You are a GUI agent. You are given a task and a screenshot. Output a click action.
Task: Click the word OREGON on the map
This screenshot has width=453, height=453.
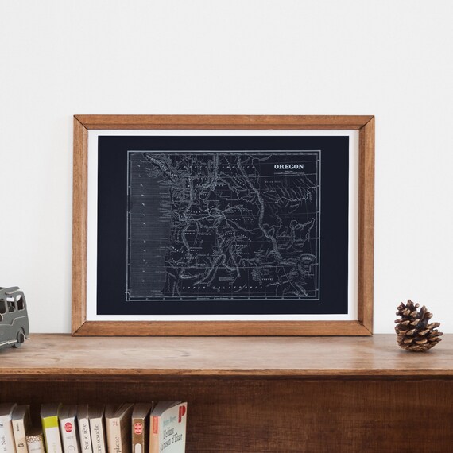point(288,167)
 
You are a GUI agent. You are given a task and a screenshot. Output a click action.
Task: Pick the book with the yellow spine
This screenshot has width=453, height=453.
point(50,429)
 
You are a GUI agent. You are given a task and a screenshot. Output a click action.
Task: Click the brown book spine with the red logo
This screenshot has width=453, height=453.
point(141,429)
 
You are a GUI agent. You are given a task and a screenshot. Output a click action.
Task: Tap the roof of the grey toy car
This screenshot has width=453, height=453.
point(11,294)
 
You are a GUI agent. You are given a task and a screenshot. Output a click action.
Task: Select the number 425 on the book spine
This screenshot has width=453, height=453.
point(33,439)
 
